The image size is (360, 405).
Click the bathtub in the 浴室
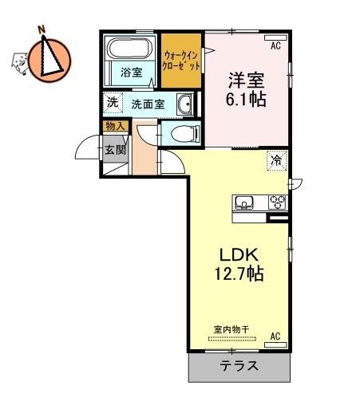pyautogui.click(x=129, y=49)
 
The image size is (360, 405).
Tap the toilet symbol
pyautogui.click(x=185, y=134)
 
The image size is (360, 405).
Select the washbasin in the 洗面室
pyautogui.click(x=184, y=104)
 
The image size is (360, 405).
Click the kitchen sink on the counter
pyautogui.click(x=243, y=202)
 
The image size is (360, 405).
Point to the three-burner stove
pyautogui.click(x=277, y=202)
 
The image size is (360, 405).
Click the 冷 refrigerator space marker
pyautogui.click(x=277, y=160)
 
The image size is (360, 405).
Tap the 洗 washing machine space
pyautogui.click(x=113, y=103)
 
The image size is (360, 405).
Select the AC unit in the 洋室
pyautogui.click(x=275, y=37)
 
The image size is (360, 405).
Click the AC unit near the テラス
pyautogui.click(x=275, y=344)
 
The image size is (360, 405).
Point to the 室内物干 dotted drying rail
pyautogui.click(x=231, y=339)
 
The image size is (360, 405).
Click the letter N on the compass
pyautogui.click(x=41, y=29)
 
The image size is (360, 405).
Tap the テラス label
pyautogui.click(x=239, y=366)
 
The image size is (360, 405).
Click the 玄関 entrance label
pyautogui.click(x=115, y=150)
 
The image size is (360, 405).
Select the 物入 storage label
pyautogui.click(x=115, y=126)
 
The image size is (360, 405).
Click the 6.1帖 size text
pyautogui.click(x=246, y=100)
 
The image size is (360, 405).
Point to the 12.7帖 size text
pyautogui.click(x=239, y=273)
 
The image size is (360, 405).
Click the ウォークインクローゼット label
pyautogui.click(x=181, y=61)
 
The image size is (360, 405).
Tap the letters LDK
pyautogui.click(x=239, y=255)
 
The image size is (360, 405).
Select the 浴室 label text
pyautogui.click(x=132, y=73)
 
